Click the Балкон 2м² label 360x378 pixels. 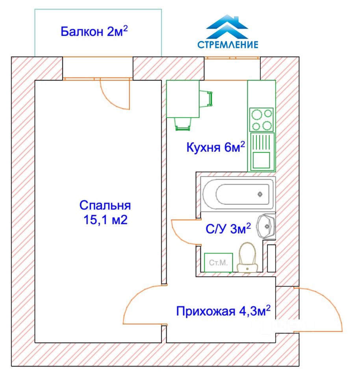[94, 31]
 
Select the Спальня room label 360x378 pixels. [105, 205]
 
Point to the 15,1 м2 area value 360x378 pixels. [105, 220]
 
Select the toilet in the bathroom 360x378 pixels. [247, 258]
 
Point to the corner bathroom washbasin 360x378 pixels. [267, 226]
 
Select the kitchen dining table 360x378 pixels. [183, 99]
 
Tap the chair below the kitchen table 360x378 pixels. [183, 124]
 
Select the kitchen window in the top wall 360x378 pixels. [232, 58]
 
